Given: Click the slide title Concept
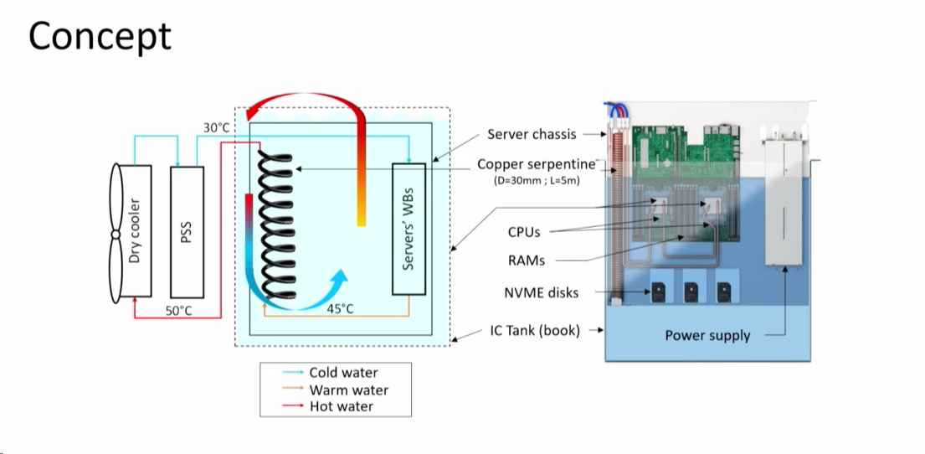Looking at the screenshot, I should pyautogui.click(x=100, y=36).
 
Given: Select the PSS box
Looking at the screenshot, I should pyautogui.click(x=188, y=230).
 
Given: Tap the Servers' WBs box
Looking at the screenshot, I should pyautogui.click(x=409, y=229).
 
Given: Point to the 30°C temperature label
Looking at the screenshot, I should pyautogui.click(x=216, y=127).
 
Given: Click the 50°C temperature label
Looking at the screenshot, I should pyautogui.click(x=178, y=310).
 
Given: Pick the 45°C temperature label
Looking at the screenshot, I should pyautogui.click(x=340, y=308).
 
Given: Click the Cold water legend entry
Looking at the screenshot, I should pyautogui.click(x=343, y=373).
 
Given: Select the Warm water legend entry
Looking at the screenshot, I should pyautogui.click(x=348, y=390).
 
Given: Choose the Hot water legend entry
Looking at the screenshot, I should pyautogui.click(x=341, y=406).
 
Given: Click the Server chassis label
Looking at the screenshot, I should pyautogui.click(x=532, y=134).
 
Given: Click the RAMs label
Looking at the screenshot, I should pyautogui.click(x=526, y=261).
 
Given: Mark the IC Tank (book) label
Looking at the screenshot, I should pyautogui.click(x=535, y=330).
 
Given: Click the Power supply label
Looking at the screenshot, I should pyautogui.click(x=707, y=335).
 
